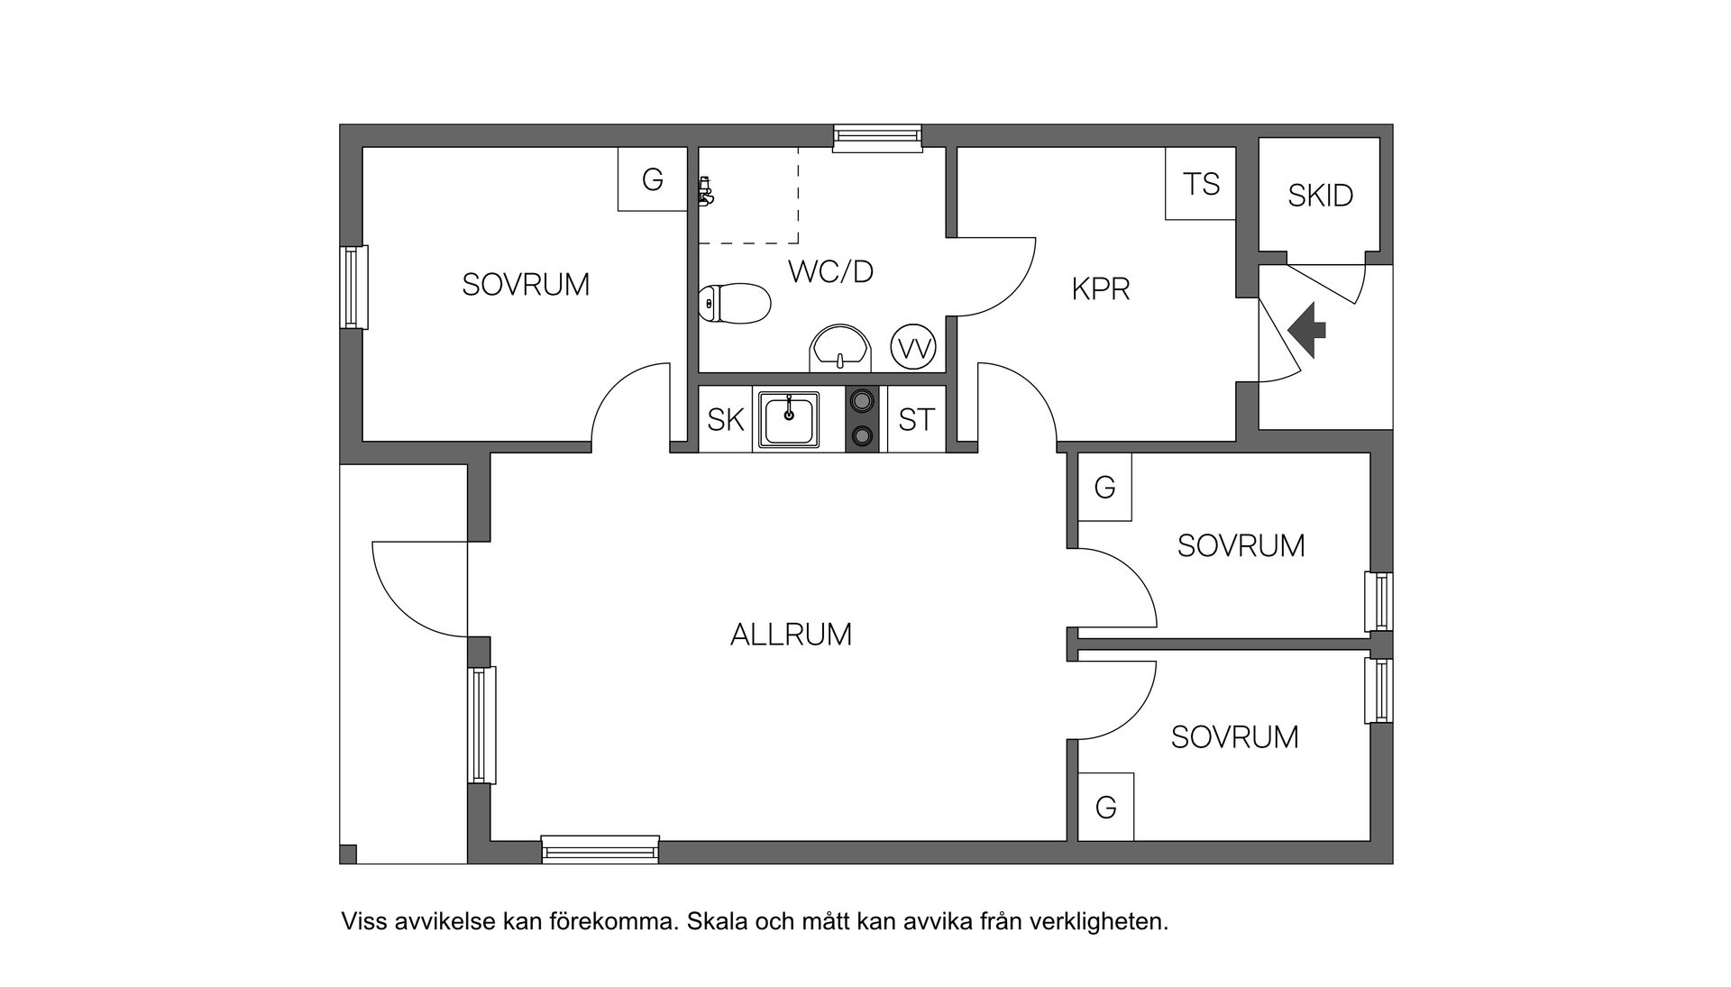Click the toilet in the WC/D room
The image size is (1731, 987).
point(735,303)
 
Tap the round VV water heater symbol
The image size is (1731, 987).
point(913,348)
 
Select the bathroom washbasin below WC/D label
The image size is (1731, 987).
point(840,349)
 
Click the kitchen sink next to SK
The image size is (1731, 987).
point(789,419)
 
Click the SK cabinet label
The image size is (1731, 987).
point(726,420)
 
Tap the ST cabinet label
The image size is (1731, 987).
point(916,420)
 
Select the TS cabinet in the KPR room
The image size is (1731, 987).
point(1200,184)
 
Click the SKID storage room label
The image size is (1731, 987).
point(1320,196)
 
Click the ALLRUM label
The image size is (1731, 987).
point(791,635)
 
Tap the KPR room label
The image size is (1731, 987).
point(1100,289)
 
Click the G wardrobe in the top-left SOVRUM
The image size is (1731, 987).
point(652,179)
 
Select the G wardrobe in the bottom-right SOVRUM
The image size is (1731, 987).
point(1105,807)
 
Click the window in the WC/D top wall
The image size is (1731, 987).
point(877,136)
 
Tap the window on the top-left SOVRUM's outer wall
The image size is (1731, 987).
point(354,287)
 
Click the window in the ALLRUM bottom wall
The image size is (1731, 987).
point(600,849)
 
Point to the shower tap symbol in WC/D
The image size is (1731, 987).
point(705,192)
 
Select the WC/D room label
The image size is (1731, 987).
point(830,271)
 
